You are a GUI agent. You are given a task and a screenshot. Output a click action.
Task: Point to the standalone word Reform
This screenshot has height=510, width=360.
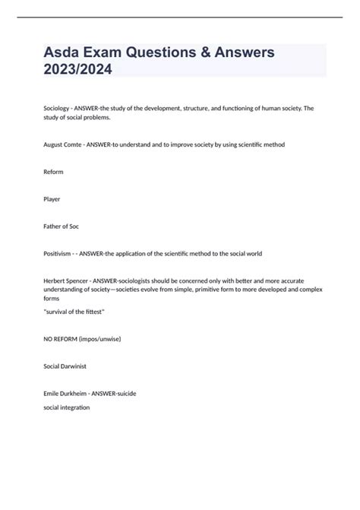(53, 172)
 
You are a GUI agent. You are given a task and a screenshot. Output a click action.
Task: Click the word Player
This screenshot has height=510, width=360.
(52, 199)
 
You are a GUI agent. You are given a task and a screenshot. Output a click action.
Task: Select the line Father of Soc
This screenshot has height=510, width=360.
(62, 226)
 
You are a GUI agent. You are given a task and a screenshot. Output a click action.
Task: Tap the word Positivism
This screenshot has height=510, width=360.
(58, 253)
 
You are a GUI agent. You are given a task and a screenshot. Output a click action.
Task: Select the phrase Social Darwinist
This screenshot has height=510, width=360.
(65, 366)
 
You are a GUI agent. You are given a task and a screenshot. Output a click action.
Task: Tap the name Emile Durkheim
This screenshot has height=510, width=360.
(66, 393)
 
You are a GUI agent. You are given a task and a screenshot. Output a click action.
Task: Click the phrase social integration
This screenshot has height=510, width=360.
(66, 407)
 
